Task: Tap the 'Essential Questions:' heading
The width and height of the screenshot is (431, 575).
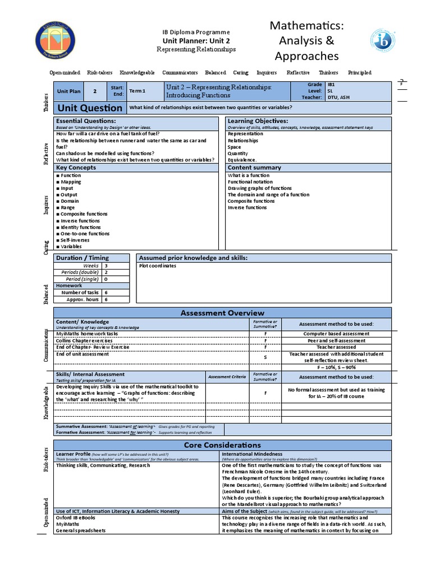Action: [86, 121]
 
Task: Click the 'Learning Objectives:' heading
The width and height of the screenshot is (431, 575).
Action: [258, 121]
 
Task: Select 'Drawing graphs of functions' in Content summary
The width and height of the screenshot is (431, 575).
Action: [259, 188]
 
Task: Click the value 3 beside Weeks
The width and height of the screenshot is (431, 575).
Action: [106, 266]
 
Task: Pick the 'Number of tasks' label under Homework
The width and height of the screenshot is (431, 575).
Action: [80, 293]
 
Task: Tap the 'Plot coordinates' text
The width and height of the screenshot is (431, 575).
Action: [158, 266]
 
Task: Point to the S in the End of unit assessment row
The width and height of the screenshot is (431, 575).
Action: [265, 357]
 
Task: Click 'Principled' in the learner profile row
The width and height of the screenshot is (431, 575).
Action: [359, 73]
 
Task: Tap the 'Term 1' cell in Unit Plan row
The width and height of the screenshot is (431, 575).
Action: [137, 90]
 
